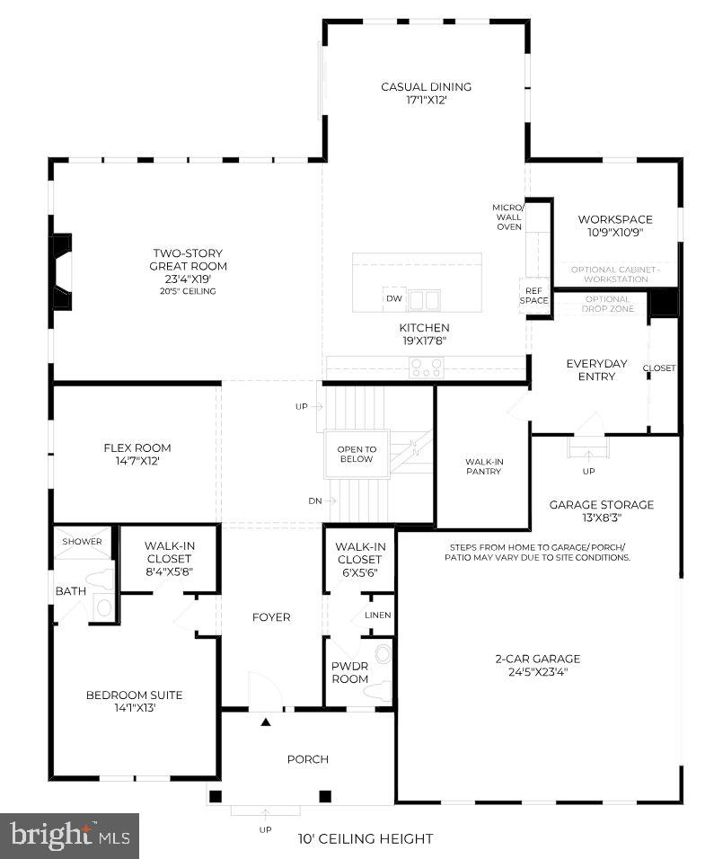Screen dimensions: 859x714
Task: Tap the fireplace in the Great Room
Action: [x=61, y=271]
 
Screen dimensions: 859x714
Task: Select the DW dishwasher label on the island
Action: [x=393, y=298]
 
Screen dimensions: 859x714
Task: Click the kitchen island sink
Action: [x=425, y=299]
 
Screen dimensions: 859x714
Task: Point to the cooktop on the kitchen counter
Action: [x=426, y=367]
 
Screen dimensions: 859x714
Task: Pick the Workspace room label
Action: [x=615, y=219]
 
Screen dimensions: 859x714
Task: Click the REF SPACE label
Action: [x=533, y=295]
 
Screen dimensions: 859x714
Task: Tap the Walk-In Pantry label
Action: [x=484, y=466]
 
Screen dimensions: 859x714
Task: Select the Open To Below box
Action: [x=357, y=455]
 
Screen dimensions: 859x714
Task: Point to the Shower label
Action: [x=83, y=542]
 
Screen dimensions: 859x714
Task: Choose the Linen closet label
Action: [x=377, y=615]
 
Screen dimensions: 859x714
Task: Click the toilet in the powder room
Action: [x=383, y=653]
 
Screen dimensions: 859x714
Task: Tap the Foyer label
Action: [x=270, y=617]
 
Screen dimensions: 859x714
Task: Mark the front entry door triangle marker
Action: [x=266, y=721]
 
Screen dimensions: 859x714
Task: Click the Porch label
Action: [x=307, y=759]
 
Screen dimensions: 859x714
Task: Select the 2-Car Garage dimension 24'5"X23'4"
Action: [x=538, y=671]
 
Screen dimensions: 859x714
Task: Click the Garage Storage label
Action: [x=602, y=504]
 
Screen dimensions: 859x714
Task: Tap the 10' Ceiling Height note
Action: [x=366, y=839]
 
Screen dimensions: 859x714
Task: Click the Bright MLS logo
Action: [x=69, y=836]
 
